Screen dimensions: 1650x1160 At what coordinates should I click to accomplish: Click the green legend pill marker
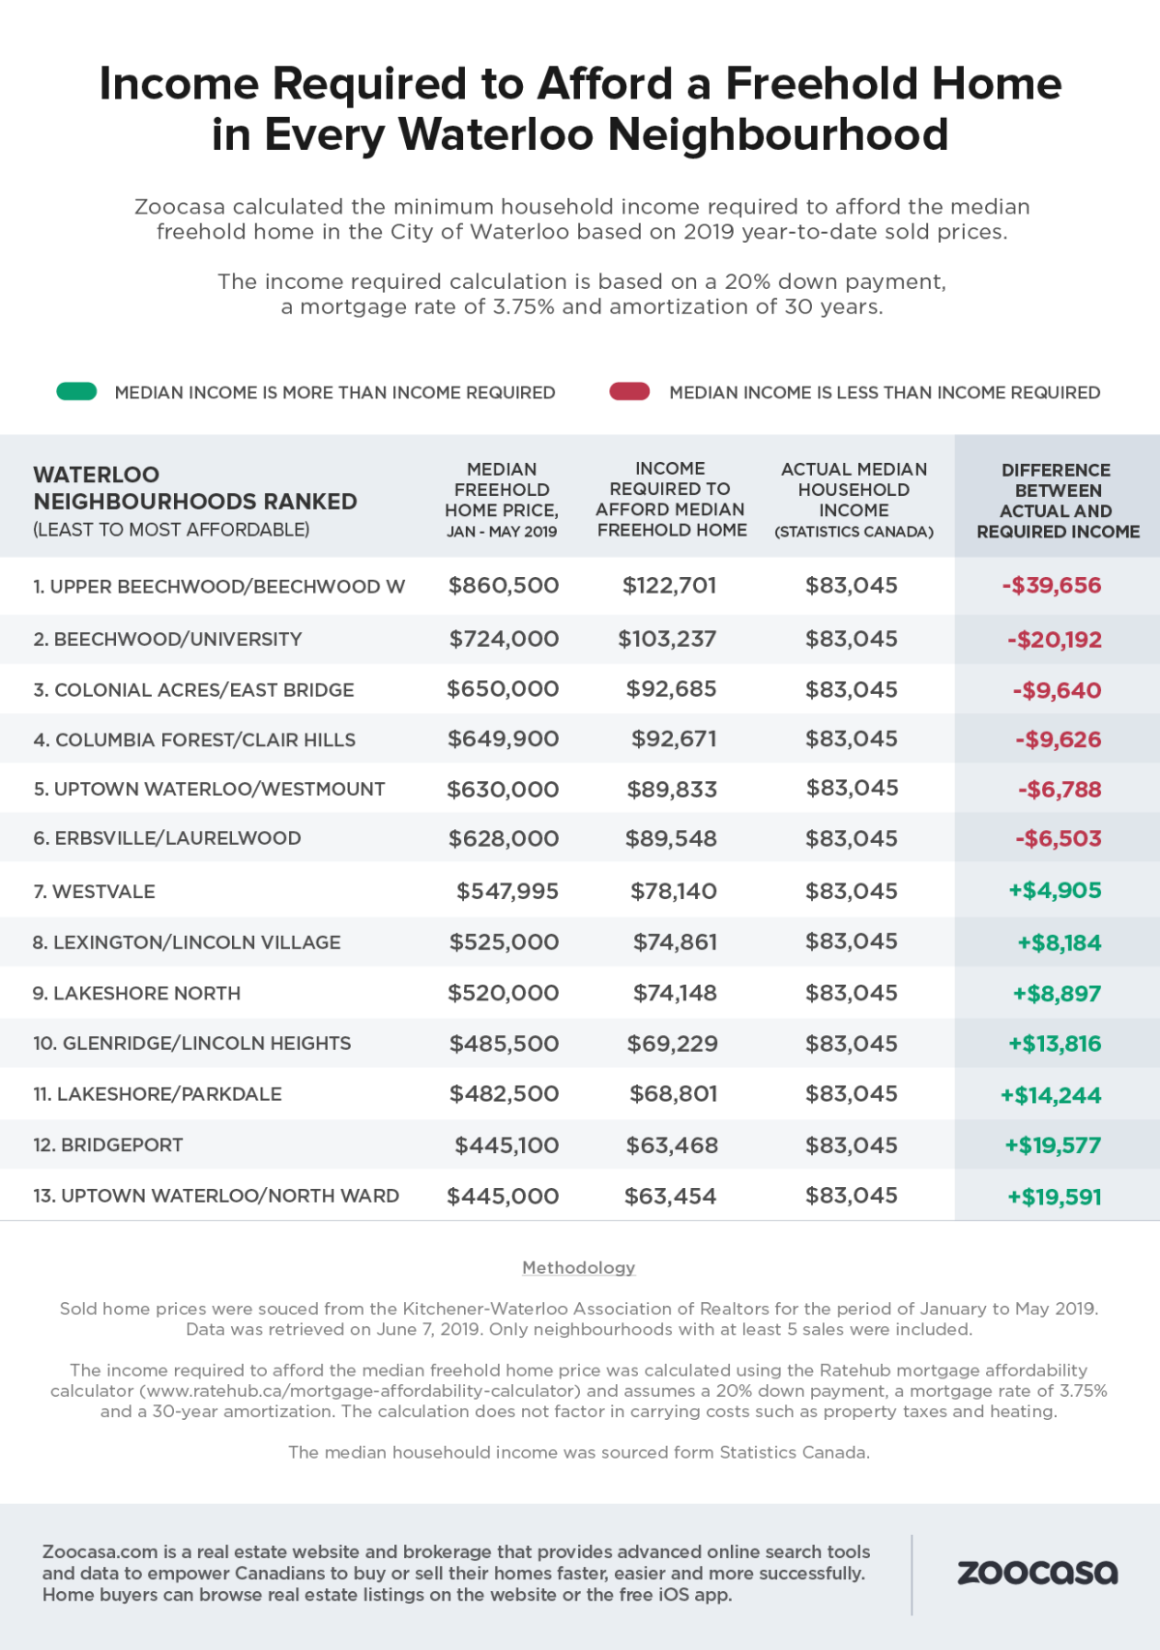point(76,391)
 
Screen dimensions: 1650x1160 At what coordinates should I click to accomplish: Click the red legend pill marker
point(629,391)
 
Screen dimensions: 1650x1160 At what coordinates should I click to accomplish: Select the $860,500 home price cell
point(503,586)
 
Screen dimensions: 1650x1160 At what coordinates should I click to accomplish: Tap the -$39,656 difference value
point(1052,586)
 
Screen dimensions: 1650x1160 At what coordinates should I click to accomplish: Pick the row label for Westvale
point(94,891)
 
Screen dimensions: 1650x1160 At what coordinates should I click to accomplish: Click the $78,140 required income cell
point(673,891)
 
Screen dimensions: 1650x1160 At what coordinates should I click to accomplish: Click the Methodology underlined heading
point(578,1267)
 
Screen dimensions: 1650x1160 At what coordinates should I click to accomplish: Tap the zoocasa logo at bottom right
point(1037,1573)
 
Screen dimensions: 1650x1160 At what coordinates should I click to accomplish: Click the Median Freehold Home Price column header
point(502,500)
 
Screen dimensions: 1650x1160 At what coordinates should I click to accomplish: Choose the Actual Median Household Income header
point(854,500)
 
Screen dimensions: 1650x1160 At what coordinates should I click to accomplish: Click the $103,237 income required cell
point(667,639)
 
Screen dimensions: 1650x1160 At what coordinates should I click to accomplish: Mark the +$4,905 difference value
point(1055,891)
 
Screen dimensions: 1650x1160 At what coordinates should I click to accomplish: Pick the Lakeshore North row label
point(136,994)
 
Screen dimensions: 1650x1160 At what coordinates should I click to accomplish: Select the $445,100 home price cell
point(507,1145)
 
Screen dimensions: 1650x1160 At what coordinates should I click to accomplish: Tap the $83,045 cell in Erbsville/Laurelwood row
point(852,839)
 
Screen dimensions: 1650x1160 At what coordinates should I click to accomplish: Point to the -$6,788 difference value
point(1059,790)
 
